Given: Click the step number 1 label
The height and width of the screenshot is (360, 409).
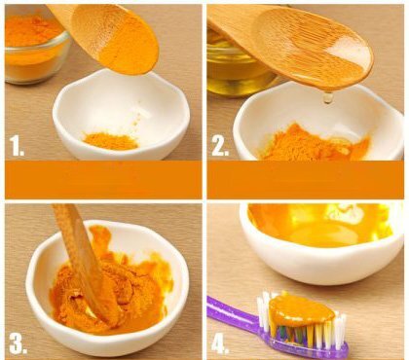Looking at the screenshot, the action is point(17,146).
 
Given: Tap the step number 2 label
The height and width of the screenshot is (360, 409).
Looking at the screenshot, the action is point(220,146).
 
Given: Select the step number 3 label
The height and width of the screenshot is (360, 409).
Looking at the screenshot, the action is point(18,342).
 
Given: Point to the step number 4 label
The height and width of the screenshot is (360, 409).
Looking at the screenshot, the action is point(220,342).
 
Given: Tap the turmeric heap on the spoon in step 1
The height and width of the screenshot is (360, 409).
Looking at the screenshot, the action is point(127,52).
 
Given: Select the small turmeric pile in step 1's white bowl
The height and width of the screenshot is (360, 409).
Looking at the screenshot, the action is point(110,141).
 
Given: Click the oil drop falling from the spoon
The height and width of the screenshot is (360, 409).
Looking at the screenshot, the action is point(328,97).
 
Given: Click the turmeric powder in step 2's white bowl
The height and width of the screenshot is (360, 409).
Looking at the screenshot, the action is point(312,143).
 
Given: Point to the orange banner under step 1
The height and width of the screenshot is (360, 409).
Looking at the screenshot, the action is point(103,180).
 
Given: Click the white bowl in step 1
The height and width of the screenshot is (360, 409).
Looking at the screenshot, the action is point(121,117).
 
